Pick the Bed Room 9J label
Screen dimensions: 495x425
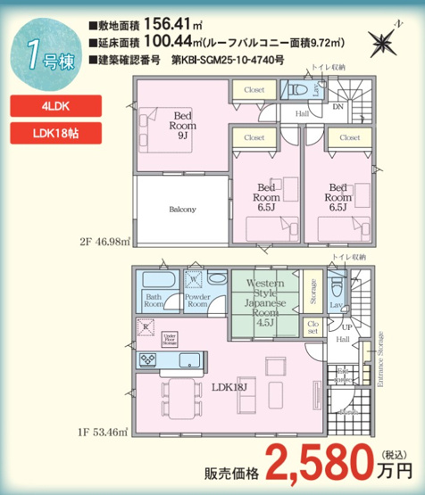coord(184,126)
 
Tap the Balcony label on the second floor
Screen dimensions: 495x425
coord(182,210)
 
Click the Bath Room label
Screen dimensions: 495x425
coord(154,300)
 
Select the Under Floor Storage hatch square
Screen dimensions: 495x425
coord(169,337)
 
